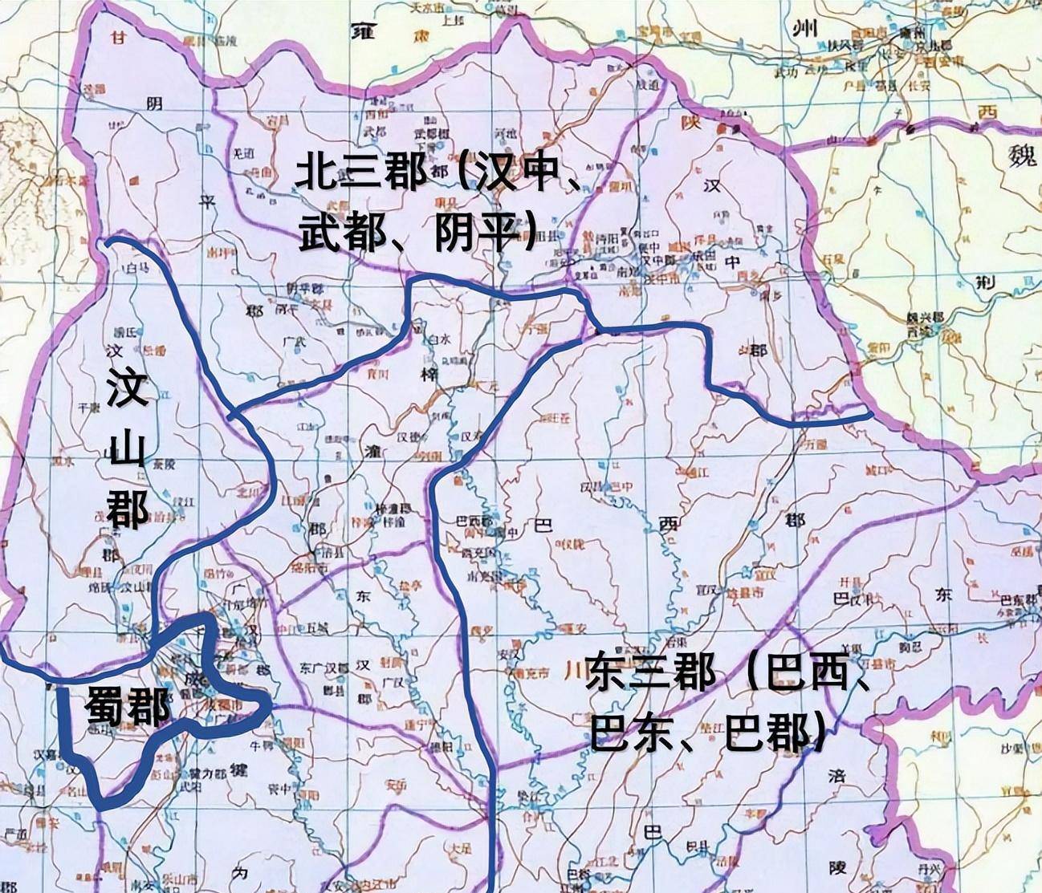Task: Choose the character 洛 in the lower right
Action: [836, 776]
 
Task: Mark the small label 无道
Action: [242, 152]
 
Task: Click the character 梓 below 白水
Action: [426, 375]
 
